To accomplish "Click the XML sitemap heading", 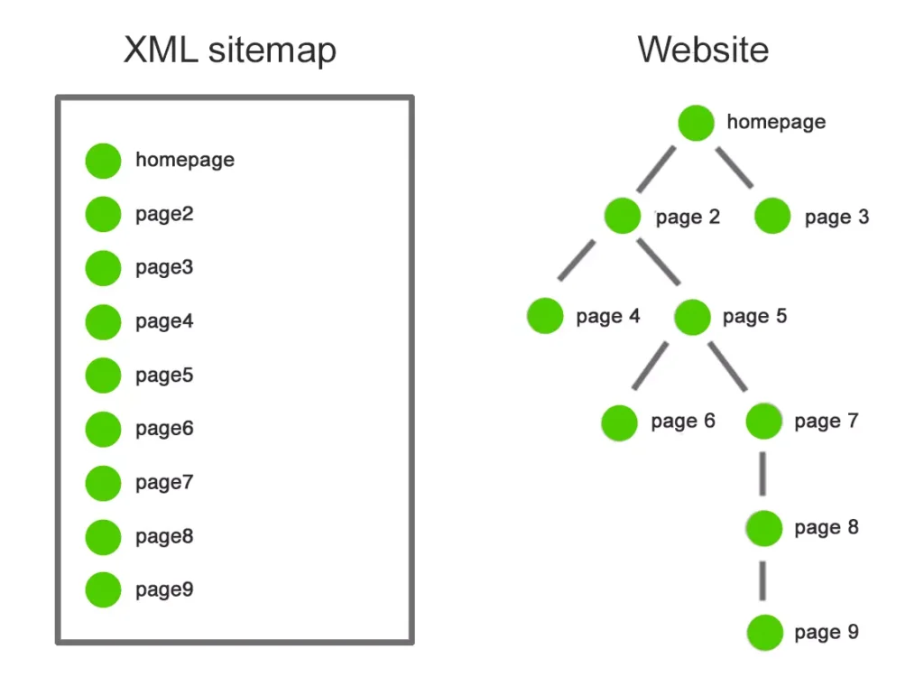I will click(x=229, y=51).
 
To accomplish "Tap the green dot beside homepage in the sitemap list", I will click(x=103, y=161).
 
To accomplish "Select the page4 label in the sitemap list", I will click(x=164, y=321).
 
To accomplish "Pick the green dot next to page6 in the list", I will click(x=103, y=429).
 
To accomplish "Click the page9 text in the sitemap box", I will click(x=164, y=590).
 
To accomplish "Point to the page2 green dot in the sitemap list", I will click(x=103, y=215).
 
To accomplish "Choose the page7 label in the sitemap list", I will click(x=164, y=483).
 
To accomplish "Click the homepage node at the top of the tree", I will click(x=696, y=123).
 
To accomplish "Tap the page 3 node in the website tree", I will click(x=772, y=217).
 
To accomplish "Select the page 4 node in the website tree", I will click(x=545, y=316).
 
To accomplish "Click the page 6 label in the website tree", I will click(x=683, y=422).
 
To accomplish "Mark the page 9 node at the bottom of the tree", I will click(x=764, y=633).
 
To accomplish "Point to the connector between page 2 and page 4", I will click(x=577, y=260).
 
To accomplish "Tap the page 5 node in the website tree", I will click(x=692, y=316).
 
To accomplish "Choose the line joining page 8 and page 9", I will click(x=763, y=580).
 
